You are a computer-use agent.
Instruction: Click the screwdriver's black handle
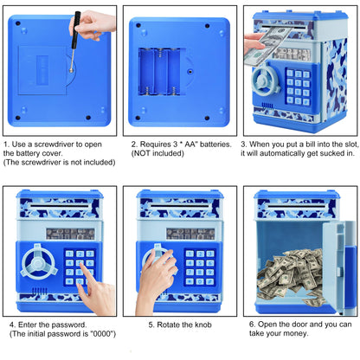[76, 29]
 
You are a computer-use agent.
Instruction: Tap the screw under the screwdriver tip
[71, 70]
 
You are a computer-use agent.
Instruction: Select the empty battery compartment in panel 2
[159, 72]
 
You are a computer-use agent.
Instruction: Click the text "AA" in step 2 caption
[189, 145]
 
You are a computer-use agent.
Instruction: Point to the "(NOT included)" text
[157, 153]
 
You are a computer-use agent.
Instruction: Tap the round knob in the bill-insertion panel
[265, 80]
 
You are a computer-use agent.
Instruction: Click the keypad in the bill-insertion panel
[299, 87]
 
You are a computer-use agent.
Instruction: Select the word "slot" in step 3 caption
[351, 145]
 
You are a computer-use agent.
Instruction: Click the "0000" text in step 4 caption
[100, 334]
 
